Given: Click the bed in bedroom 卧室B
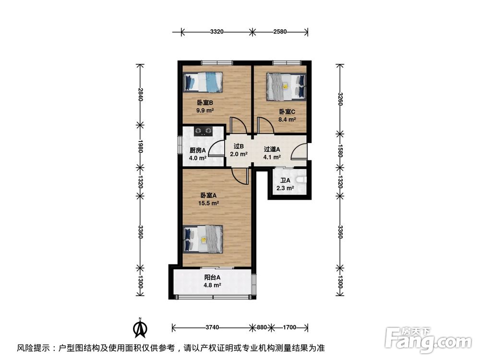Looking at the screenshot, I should (x=204, y=82).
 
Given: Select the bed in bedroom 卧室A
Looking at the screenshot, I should (x=204, y=239).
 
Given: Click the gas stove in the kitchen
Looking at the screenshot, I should (x=203, y=131).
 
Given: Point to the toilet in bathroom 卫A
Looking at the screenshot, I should (x=300, y=180).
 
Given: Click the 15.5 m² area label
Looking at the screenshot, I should (x=209, y=204).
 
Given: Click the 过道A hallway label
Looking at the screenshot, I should (x=272, y=149).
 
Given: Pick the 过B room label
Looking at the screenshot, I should (x=239, y=146).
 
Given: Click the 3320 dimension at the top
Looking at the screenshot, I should (x=217, y=32).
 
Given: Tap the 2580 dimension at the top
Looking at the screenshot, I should (x=280, y=32).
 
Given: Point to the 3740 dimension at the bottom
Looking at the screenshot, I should (x=212, y=327).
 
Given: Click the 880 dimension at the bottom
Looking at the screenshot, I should (x=261, y=327).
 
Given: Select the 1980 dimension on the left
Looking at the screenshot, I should (x=141, y=146).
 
